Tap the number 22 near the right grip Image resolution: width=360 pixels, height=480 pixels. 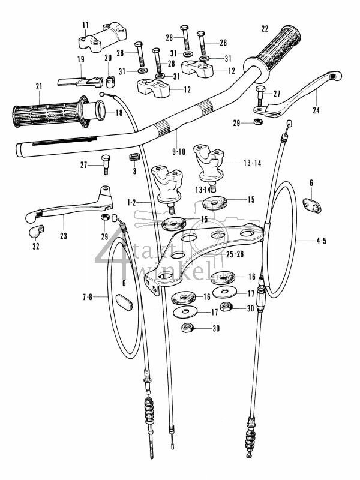coord(265,29)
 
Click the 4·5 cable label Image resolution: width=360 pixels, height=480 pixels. coord(323,242)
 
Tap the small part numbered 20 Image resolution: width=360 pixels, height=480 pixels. coord(110,79)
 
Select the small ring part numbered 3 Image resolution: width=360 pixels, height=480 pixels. coord(134,158)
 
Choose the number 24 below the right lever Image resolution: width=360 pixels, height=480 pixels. coord(316,110)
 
